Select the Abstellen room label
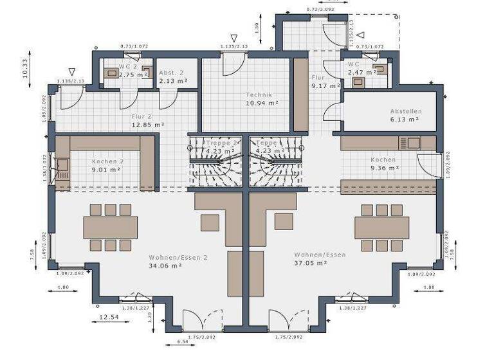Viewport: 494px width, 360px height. click(x=405, y=111)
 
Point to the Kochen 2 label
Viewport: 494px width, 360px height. click(x=107, y=161)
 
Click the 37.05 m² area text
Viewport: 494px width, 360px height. click(x=311, y=263)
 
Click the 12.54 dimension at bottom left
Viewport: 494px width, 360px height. click(x=109, y=317)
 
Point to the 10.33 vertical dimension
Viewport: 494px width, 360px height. click(x=25, y=67)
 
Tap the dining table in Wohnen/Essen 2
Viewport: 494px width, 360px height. click(x=110, y=227)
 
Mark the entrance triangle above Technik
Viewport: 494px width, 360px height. click(x=234, y=39)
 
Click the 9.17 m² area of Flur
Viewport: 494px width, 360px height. click(x=321, y=85)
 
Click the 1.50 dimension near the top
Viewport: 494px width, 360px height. click(x=256, y=28)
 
